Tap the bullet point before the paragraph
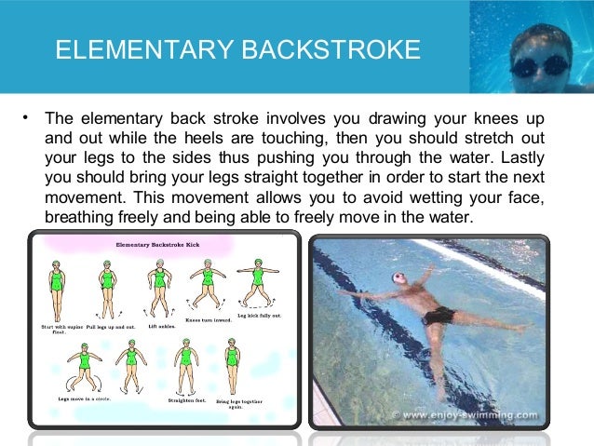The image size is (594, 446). pos(26,118)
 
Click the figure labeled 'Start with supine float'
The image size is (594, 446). pos(58,283)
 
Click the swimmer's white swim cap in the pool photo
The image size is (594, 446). pos(399,278)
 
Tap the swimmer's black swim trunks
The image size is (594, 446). pos(439,316)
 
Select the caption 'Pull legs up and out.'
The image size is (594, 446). pos(108,327)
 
